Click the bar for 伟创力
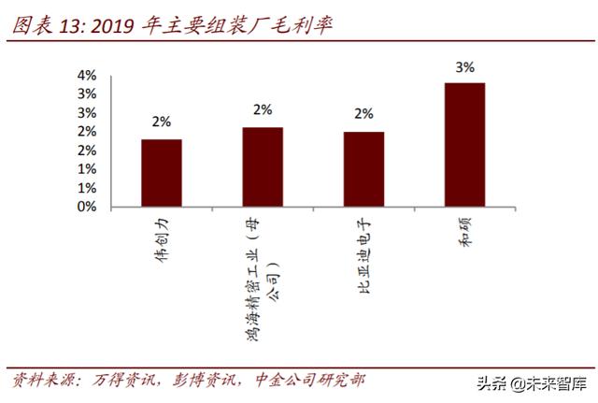tap(162, 173)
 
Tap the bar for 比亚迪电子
tap(363, 169)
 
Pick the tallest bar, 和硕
tap(464, 145)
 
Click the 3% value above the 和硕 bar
tap(464, 66)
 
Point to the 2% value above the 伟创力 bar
tap(162, 122)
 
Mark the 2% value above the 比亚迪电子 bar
tap(363, 114)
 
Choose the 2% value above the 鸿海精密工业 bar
tap(263, 109)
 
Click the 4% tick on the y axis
tap(87, 76)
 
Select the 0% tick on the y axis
tap(87, 207)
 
